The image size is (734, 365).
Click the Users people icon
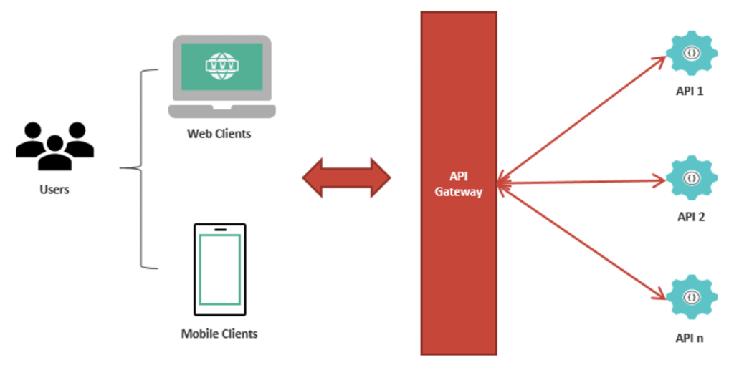[x=54, y=145]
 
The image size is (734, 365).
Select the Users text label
[x=54, y=190]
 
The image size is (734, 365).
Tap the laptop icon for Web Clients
[x=221, y=77]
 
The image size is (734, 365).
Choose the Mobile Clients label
[x=219, y=334]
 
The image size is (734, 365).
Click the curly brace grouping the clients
[x=140, y=169]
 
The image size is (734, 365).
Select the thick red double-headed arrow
[x=346, y=177]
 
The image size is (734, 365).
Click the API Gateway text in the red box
[x=459, y=185]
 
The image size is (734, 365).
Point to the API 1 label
[x=691, y=92]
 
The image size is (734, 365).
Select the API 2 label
[x=691, y=215]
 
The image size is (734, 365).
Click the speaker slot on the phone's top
[x=219, y=230]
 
